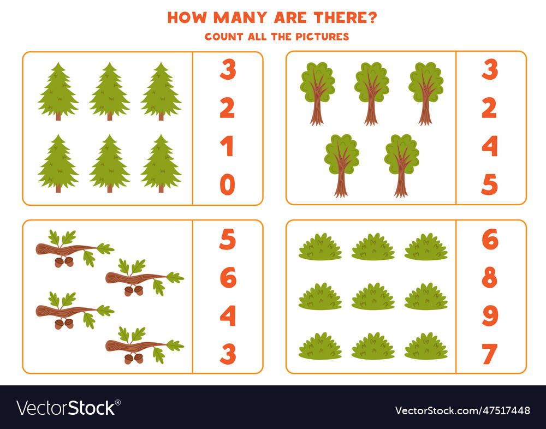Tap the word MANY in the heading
coord(238,17)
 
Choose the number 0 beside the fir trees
coord(227,185)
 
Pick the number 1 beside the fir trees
coord(227,147)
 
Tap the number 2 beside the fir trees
coord(227,109)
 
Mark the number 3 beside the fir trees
coord(228,70)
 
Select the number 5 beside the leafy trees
coord(490,185)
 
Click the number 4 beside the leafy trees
coord(490,147)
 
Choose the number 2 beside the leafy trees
coord(490,109)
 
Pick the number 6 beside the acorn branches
coord(228,278)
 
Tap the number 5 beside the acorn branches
coord(228,240)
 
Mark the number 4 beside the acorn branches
coord(228,316)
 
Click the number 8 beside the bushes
coord(490,278)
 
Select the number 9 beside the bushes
coord(490,316)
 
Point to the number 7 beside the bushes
coord(490,354)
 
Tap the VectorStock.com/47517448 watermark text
coord(462,410)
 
